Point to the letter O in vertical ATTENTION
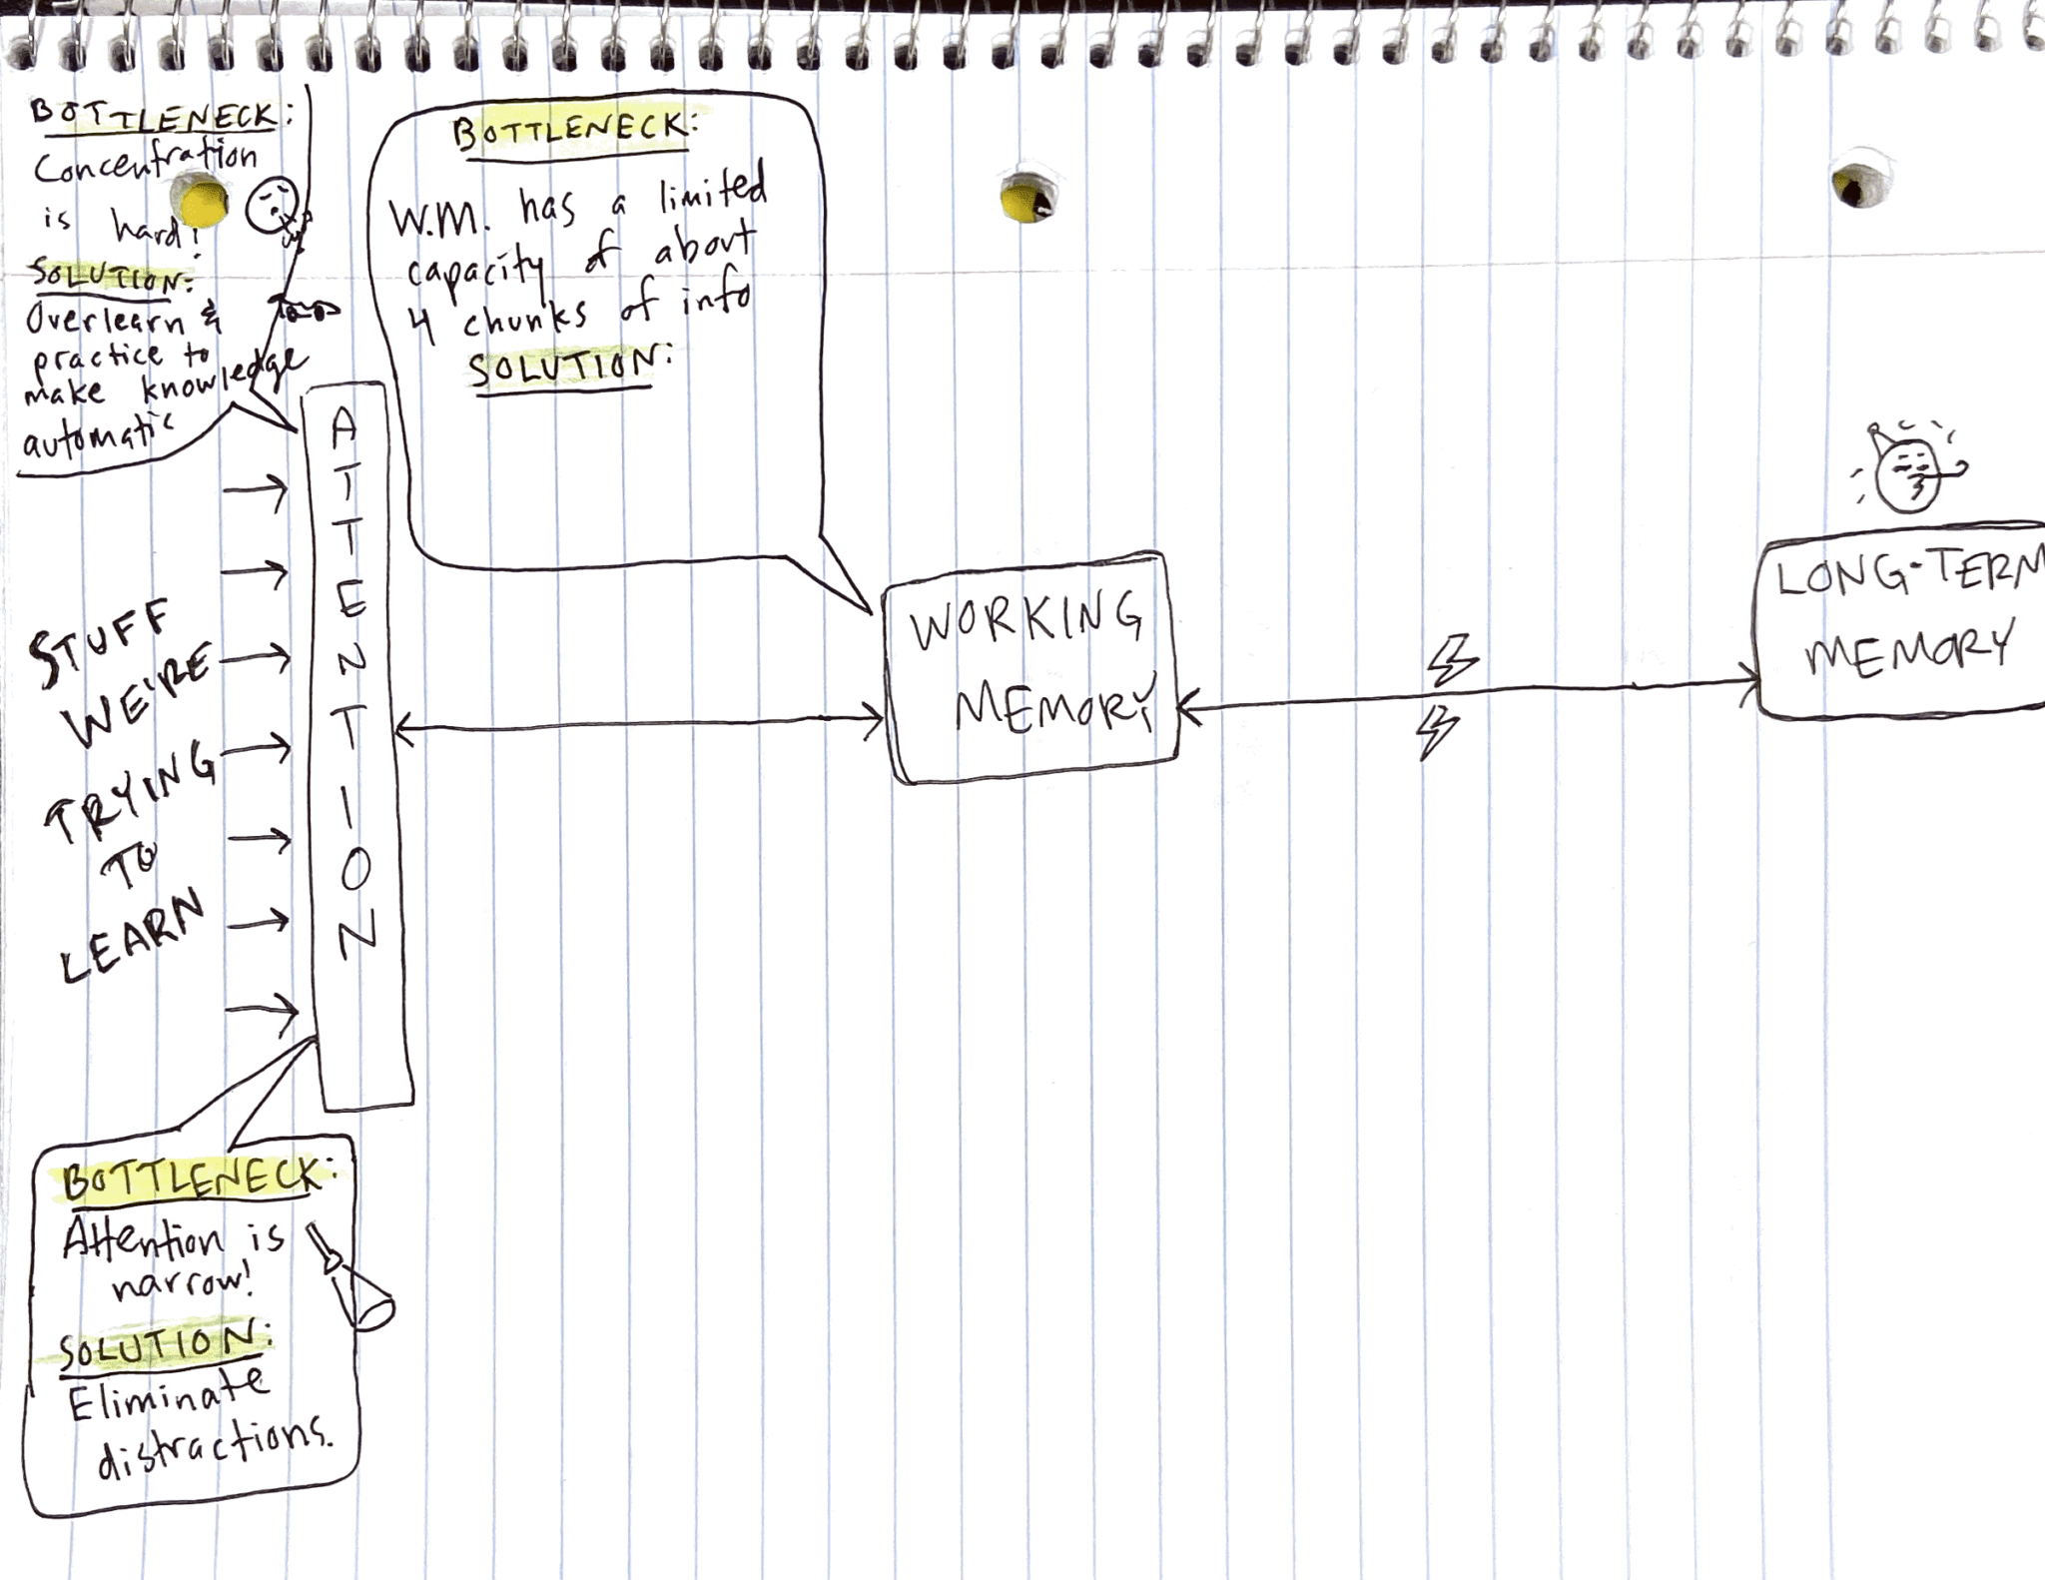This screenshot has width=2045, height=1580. (354, 871)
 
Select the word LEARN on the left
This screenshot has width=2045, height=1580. (132, 937)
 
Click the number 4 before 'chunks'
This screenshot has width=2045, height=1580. (424, 324)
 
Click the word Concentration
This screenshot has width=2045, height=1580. (146, 162)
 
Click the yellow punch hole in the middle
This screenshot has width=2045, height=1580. (1026, 198)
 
